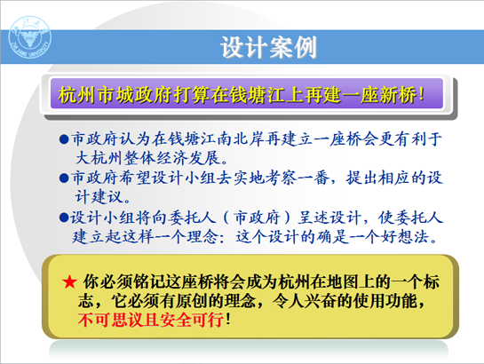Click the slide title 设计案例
[x=268, y=47]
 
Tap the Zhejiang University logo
[x=29, y=37]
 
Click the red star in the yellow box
[x=69, y=282]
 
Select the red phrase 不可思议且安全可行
[x=151, y=320]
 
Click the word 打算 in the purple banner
[x=192, y=95]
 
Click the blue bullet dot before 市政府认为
[x=64, y=139]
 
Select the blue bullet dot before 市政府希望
[x=64, y=178]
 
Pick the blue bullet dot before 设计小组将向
[x=64, y=218]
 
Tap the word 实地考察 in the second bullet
[x=266, y=178]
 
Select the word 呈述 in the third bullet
[x=313, y=218]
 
